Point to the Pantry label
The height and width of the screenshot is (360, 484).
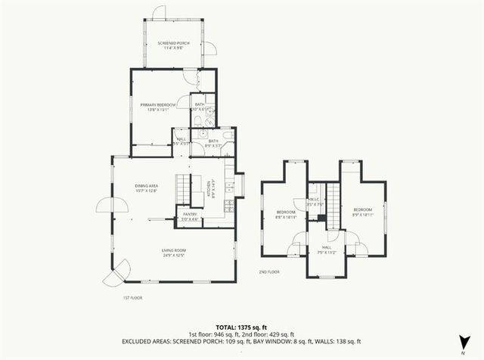(x=190, y=217)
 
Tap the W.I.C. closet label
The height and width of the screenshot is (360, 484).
(x=316, y=203)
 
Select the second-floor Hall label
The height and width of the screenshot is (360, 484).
(x=327, y=250)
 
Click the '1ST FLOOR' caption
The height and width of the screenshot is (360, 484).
(x=132, y=297)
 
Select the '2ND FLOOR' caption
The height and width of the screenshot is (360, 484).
(x=268, y=272)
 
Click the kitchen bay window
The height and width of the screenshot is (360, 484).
(x=240, y=184)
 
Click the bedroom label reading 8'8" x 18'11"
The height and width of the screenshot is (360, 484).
(x=285, y=214)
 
